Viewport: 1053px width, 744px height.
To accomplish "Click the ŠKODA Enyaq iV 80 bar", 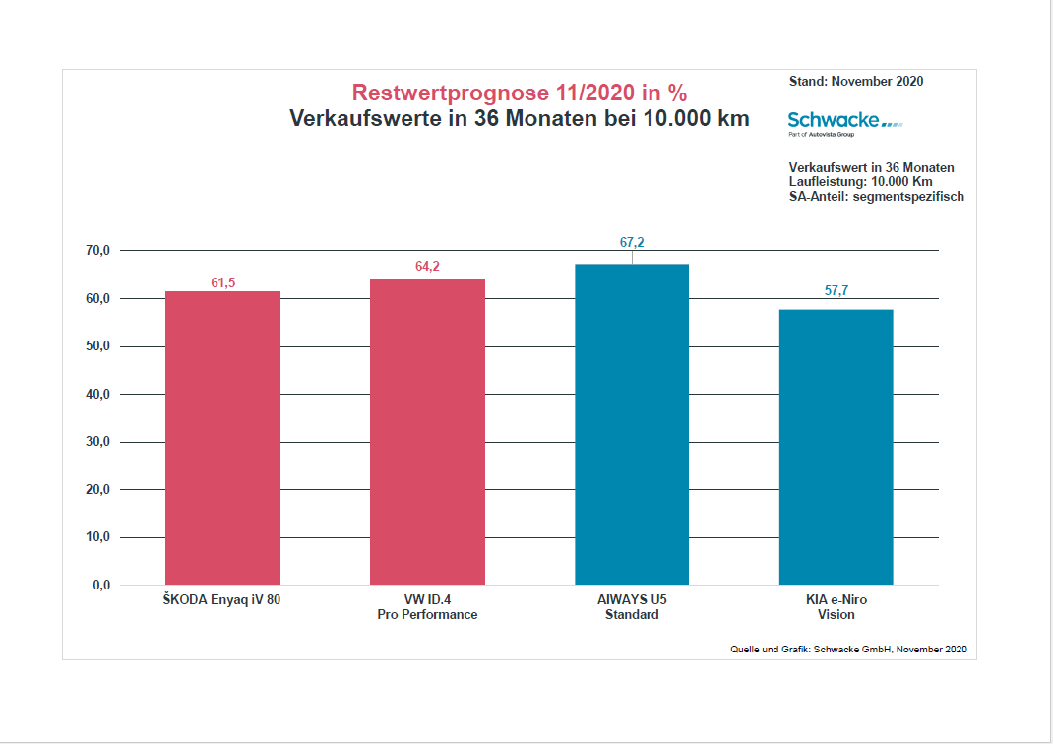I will (x=222, y=438).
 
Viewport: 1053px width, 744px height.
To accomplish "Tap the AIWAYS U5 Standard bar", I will (x=632, y=424).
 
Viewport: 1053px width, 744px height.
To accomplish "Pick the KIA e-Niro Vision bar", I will (x=836, y=447).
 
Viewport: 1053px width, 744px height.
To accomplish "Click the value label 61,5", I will (x=223, y=283).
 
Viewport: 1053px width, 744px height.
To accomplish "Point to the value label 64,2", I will (x=427, y=267).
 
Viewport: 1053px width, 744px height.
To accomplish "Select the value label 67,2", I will (x=632, y=243).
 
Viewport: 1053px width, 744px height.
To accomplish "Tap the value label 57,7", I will (x=836, y=290).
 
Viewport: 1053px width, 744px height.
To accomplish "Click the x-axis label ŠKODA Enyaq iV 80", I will (x=222, y=599).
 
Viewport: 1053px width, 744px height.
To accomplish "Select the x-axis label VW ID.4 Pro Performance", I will (x=427, y=606).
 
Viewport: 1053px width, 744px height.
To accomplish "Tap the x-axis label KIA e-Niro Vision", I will (x=836, y=606).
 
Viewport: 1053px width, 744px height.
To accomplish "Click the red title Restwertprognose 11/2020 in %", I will (x=520, y=93).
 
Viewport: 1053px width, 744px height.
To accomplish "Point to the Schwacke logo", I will (x=844, y=121).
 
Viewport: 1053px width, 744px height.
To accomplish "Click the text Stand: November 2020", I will (x=856, y=82).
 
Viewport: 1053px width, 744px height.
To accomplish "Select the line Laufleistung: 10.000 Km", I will (x=860, y=182).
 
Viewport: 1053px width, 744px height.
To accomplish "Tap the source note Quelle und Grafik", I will (x=848, y=650).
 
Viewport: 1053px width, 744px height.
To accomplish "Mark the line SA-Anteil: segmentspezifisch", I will (x=876, y=196).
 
